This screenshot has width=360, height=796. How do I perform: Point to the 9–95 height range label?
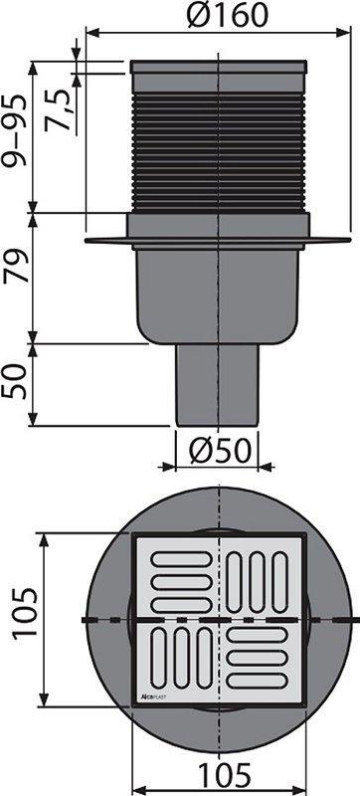[17, 136]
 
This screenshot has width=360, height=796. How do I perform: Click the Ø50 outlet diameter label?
[217, 453]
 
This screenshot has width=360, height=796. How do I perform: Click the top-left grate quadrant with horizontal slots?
[177, 577]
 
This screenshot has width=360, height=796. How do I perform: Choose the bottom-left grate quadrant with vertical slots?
[177, 658]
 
